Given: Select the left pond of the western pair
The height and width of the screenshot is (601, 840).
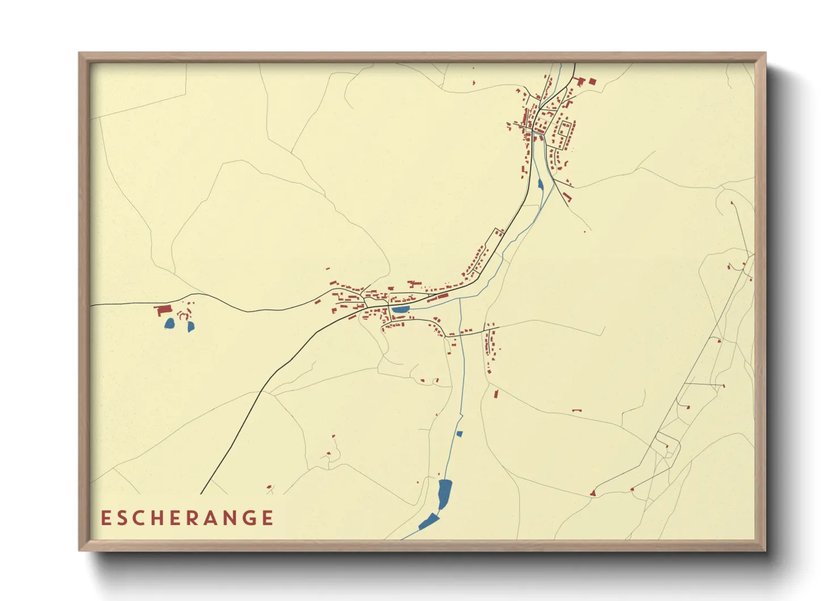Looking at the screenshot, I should [169, 324].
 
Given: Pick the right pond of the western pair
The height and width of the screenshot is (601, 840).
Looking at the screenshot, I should [191, 327].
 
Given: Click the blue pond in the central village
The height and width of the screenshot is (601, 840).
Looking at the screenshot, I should [401, 310].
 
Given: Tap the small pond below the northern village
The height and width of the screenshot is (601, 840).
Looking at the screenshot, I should [539, 184].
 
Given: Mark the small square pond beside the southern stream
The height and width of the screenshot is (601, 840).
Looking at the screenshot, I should [460, 434].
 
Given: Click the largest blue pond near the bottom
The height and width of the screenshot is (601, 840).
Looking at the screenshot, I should [444, 493].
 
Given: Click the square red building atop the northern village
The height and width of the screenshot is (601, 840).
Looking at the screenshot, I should [592, 81].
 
